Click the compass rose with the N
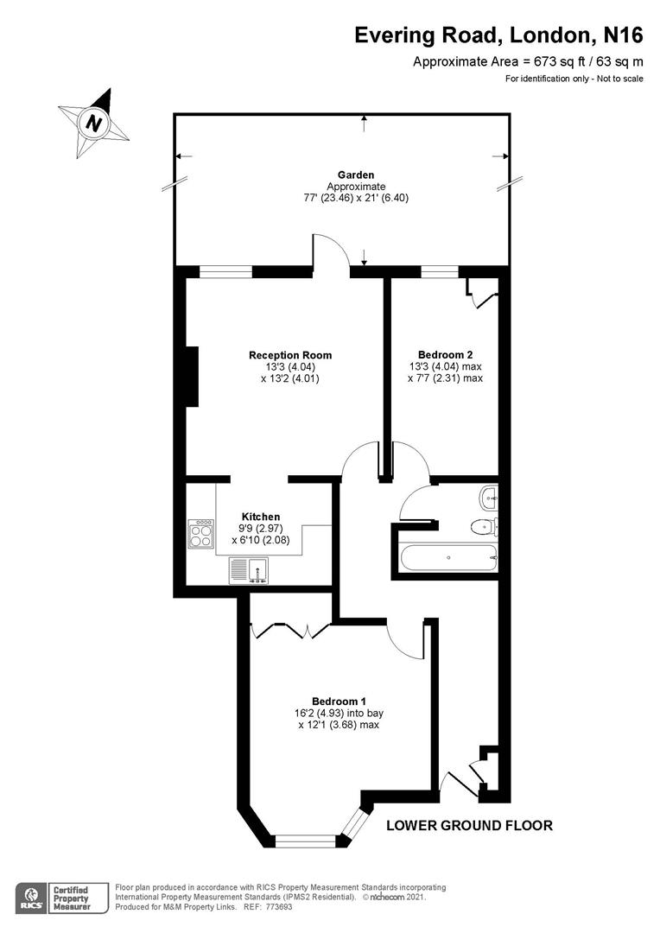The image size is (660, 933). (93, 123)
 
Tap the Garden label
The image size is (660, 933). (356, 175)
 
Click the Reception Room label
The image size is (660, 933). (290, 355)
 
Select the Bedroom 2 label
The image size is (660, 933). (445, 354)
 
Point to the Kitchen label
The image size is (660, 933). (261, 517)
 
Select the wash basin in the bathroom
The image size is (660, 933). (489, 495)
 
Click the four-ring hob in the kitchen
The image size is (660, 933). (201, 533)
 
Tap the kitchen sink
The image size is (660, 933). (249, 569)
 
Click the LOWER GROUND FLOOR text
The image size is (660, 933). (469, 825)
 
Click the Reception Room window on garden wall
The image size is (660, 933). (226, 272)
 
